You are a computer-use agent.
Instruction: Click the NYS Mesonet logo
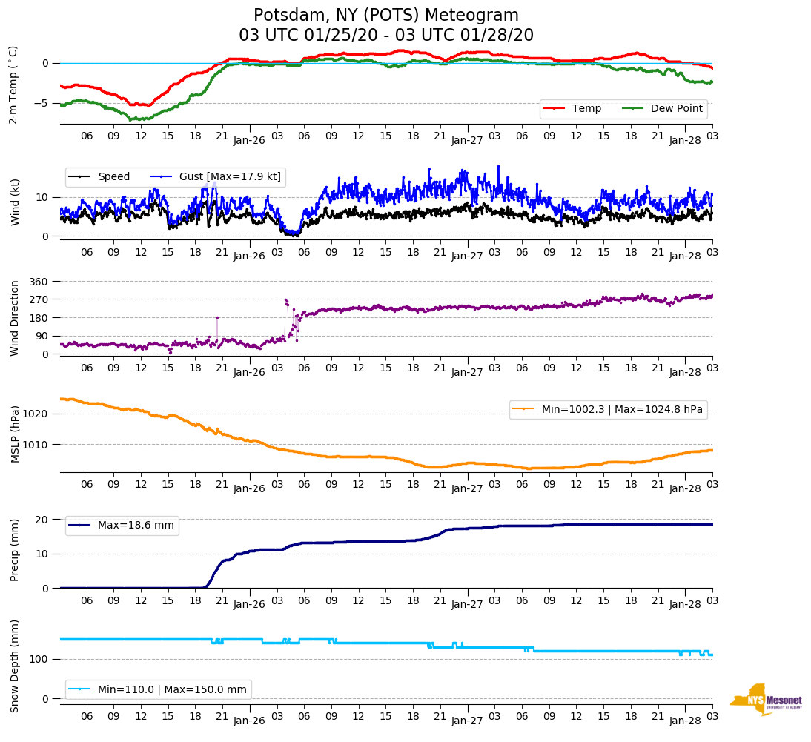tap(767, 699)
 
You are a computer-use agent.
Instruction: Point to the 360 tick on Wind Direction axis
tap(39, 282)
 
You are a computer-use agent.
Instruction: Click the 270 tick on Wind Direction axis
tap(39, 299)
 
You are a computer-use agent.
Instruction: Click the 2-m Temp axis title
tap(13, 84)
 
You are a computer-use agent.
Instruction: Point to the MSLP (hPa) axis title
tap(15, 434)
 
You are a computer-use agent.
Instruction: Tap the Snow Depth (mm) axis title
tap(15, 666)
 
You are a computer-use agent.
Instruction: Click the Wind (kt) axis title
tap(15, 202)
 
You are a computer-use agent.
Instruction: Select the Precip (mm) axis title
tap(15, 549)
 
